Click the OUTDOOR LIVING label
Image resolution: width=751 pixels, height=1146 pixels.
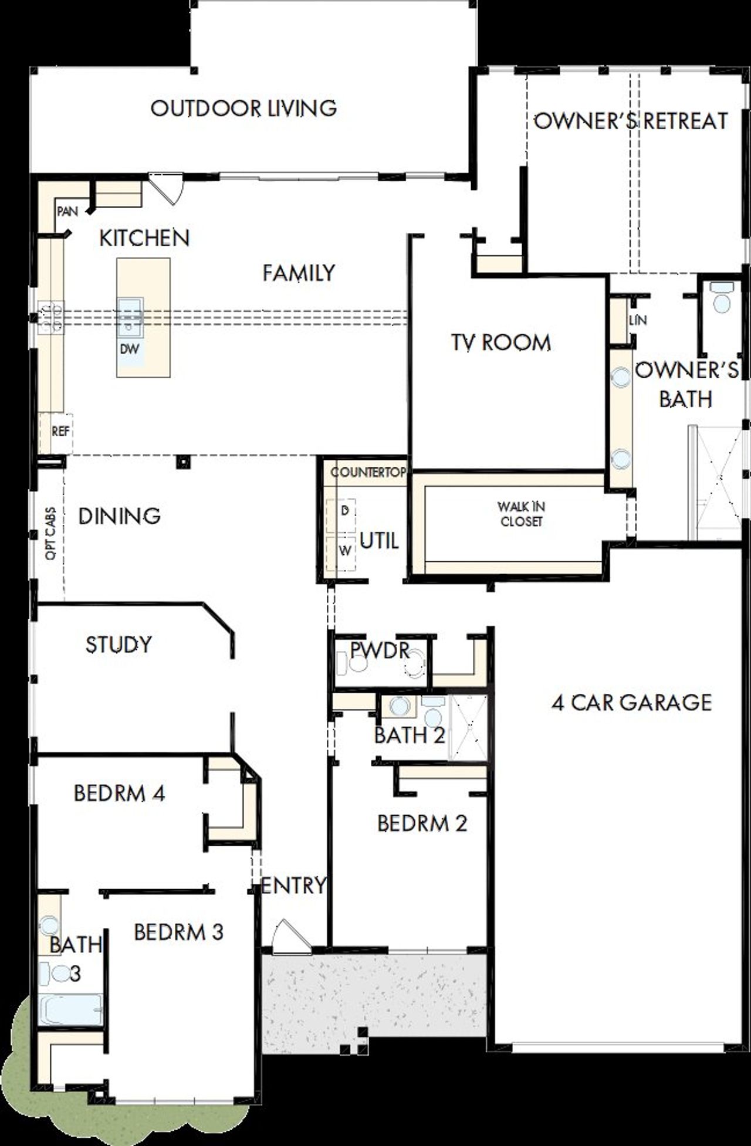coord(243,109)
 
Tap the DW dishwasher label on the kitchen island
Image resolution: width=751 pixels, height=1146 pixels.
coord(130,348)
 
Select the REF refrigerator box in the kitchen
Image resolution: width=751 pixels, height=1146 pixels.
coord(60,432)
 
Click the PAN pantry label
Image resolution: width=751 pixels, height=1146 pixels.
coord(67,211)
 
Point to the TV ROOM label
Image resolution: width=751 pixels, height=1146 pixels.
coord(501,343)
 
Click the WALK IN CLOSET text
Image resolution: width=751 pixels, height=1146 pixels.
coord(521,514)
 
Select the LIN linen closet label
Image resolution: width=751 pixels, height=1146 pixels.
coord(637,320)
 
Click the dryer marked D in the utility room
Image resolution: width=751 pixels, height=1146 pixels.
coord(345,511)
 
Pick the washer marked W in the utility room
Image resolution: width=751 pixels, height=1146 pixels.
coord(346,551)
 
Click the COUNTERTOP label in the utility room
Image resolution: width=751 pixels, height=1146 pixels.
coord(368,473)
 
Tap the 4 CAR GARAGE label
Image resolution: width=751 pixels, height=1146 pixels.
coord(631,703)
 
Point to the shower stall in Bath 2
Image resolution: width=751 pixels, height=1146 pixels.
coord(468,727)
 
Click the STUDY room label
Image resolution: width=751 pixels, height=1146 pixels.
coord(119,645)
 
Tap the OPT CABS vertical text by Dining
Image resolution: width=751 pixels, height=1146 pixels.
coord(50,533)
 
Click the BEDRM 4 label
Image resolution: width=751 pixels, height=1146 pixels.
coord(119,794)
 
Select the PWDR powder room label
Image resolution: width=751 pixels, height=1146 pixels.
coord(379,650)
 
